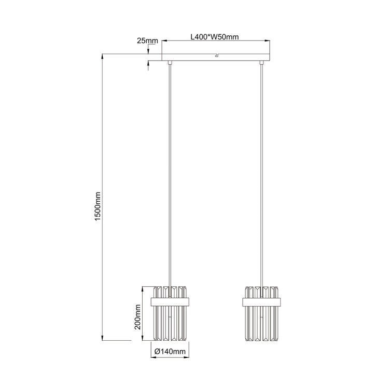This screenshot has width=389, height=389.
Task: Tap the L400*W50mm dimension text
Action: click(214, 37)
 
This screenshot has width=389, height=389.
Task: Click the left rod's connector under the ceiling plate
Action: click(171, 63)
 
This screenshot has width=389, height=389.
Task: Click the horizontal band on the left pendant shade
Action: click(171, 301)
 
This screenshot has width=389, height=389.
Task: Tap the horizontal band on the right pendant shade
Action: click(262, 301)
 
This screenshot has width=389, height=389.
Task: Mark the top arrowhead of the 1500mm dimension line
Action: click(103, 55)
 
